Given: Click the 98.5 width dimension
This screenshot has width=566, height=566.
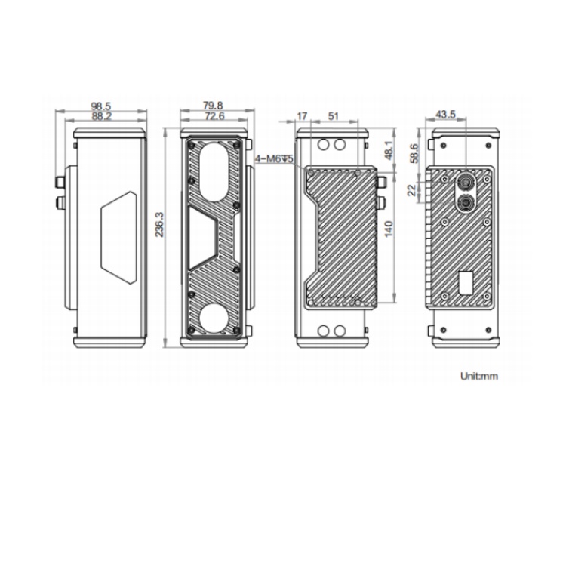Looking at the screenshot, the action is pos(100,106).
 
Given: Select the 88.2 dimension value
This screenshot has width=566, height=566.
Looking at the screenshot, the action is pos(101,116).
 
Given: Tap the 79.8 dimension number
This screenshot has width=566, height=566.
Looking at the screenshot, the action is pos(213,106).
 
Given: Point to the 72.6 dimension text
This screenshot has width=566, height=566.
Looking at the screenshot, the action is pos(215,116).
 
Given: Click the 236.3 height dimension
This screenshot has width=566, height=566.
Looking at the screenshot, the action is pos(159,225).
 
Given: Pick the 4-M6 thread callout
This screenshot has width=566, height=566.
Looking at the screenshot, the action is pos(275,158).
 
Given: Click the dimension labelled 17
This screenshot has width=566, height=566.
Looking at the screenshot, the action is pos(302,116).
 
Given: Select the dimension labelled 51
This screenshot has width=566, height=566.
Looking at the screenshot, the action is pos(334,116).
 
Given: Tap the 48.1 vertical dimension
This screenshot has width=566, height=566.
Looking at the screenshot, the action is pos(389,150).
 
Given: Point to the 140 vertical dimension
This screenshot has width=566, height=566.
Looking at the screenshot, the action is pos(389,229).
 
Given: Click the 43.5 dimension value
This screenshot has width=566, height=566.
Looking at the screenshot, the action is pos(446,115).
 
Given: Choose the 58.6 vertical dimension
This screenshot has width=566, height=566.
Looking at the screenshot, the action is pos(415,153).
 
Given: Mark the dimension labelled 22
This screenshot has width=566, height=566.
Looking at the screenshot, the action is pos(412,190).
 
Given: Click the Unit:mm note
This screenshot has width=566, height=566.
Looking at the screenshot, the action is pos(479,376).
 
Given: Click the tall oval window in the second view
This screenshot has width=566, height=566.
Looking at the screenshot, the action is pos(214,171).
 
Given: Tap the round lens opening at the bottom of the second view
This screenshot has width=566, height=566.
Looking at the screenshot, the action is pos(214,318).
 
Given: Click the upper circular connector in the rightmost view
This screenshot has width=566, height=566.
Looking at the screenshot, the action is pos(466,182).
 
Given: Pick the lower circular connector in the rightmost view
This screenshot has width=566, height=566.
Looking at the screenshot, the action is pos(466,203).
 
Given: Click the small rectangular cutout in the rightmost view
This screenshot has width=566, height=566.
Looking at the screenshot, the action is pos(466,283).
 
